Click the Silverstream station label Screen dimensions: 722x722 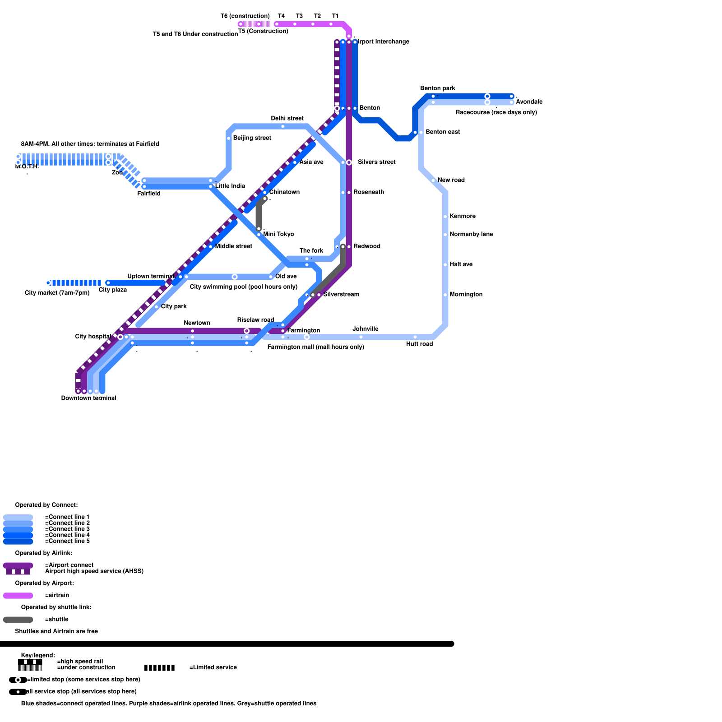click(x=341, y=295)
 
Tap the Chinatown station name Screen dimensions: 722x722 click(x=284, y=192)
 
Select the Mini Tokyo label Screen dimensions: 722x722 click(x=278, y=234)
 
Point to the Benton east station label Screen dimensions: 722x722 click(x=443, y=132)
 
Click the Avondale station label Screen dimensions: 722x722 click(x=529, y=102)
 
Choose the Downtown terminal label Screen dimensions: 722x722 click(x=88, y=398)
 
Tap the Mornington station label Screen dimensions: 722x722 click(x=466, y=295)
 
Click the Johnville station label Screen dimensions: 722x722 click(x=365, y=329)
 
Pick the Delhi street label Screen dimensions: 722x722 click(x=287, y=119)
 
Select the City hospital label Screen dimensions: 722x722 click(x=93, y=337)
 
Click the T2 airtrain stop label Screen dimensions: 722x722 click(x=317, y=16)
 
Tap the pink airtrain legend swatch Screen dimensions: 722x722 click(x=18, y=596)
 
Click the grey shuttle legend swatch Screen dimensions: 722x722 click(x=18, y=620)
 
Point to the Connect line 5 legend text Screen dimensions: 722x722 click(x=68, y=541)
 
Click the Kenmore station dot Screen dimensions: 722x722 click(x=445, y=217)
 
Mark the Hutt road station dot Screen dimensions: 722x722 click(x=415, y=337)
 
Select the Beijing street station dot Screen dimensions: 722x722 click(x=229, y=138)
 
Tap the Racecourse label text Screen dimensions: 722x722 click(x=496, y=112)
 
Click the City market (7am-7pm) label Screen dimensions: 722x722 click(x=57, y=293)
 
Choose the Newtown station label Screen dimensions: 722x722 click(x=197, y=323)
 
